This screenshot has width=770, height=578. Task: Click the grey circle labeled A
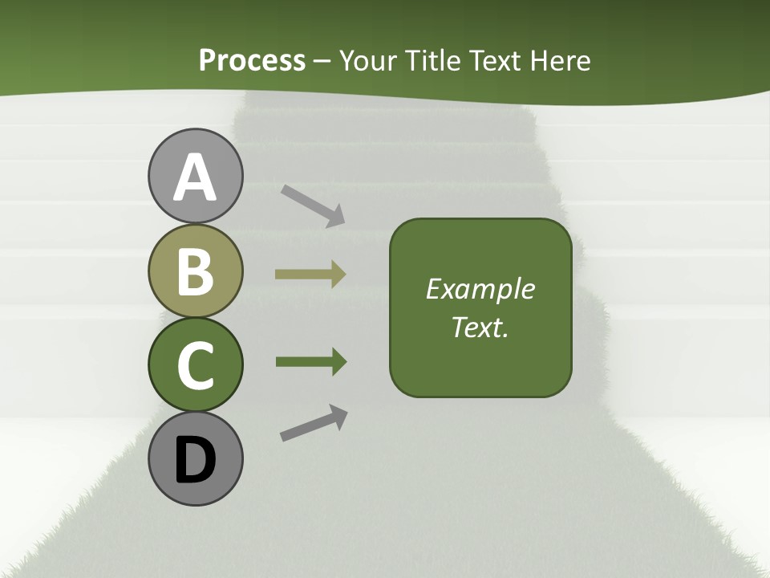tap(195, 177)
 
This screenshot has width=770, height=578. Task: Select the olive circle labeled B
tap(195, 271)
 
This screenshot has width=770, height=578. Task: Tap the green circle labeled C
tap(195, 364)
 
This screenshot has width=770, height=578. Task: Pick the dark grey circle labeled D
tap(195, 459)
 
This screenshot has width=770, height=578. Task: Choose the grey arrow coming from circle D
tap(314, 423)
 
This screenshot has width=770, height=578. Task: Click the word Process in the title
tap(252, 60)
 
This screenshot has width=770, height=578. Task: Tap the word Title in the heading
tap(431, 60)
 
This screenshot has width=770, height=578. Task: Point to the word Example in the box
tap(480, 289)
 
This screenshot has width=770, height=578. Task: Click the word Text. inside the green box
tap(480, 327)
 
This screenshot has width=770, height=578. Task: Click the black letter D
tap(195, 461)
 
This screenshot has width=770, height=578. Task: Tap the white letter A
tap(195, 178)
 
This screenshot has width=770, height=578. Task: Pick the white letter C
tap(195, 365)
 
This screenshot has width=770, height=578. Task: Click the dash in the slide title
tap(322, 61)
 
